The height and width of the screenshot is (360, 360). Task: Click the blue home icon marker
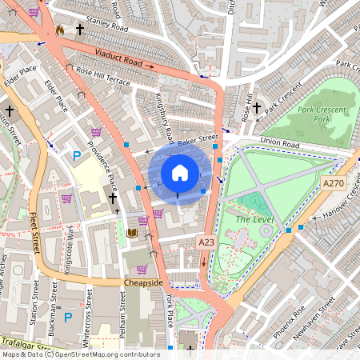(x=180, y=172)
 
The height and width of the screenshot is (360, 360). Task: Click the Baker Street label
(x=198, y=142)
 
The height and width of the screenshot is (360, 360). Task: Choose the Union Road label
(x=279, y=145)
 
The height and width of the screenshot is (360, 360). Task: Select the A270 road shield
(x=333, y=183)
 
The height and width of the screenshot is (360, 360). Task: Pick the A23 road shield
(x=206, y=241)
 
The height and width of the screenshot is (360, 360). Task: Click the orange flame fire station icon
(x=59, y=30)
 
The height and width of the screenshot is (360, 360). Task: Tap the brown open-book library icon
(x=132, y=234)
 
